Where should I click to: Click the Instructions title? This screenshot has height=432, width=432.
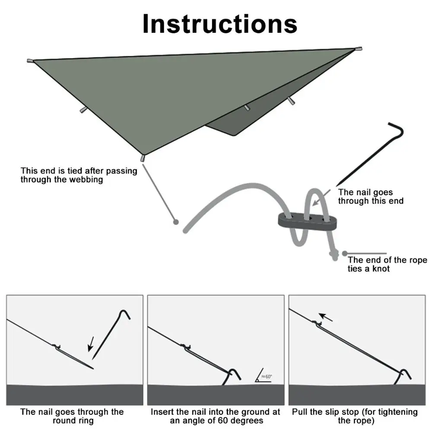tap(219, 24)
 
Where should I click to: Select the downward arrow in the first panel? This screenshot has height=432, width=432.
tap(90, 345)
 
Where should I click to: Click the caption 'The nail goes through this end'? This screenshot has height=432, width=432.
tap(371, 197)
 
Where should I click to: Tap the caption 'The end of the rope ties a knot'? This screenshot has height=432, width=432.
tap(387, 264)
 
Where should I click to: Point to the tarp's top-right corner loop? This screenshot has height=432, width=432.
tap(359, 49)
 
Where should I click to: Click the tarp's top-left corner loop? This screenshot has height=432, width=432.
tap(30, 60)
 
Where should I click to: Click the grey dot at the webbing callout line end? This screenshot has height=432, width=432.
tap(175, 222)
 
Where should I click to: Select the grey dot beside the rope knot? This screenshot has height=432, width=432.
tap(344, 254)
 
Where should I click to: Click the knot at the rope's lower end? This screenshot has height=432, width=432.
tap(334, 257)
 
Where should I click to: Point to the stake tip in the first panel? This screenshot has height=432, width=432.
tap(92, 368)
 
